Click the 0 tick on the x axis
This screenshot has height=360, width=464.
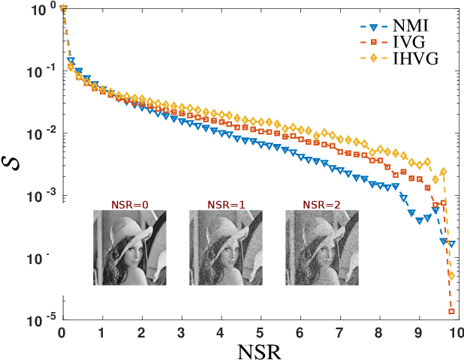62,332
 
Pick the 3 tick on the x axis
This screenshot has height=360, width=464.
181,332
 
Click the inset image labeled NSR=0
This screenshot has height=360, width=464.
129,247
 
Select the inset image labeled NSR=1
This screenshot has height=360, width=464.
225,247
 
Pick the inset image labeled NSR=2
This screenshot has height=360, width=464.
321,247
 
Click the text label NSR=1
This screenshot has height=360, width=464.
225,203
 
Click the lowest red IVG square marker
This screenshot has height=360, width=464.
451,311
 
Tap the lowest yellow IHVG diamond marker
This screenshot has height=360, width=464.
451,276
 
